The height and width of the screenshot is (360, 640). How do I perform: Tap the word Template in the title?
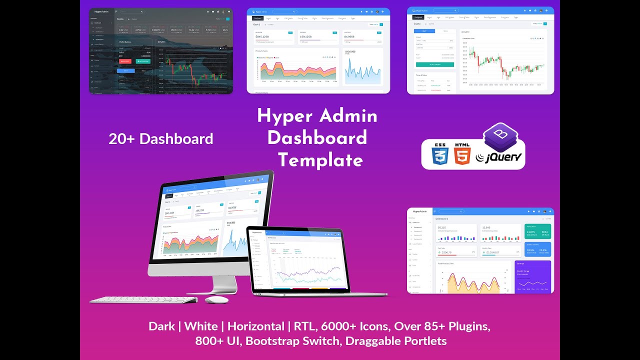[320, 160]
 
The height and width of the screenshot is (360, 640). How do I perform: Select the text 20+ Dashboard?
[161, 138]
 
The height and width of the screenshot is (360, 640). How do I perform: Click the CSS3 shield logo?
[440, 154]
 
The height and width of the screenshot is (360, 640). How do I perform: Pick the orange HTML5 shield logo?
[462, 154]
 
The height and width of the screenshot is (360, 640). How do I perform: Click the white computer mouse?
[216, 299]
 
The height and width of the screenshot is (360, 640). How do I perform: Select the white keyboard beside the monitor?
[143, 300]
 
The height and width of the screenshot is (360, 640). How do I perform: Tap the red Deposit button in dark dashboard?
[125, 61]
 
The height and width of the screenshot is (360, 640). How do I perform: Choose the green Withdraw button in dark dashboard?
[142, 61]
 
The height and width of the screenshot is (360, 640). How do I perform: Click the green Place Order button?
[435, 64]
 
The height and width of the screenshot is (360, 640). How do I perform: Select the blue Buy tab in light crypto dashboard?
[424, 31]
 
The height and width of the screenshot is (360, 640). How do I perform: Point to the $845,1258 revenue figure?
[262, 36]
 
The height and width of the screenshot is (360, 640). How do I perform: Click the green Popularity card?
[537, 231]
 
